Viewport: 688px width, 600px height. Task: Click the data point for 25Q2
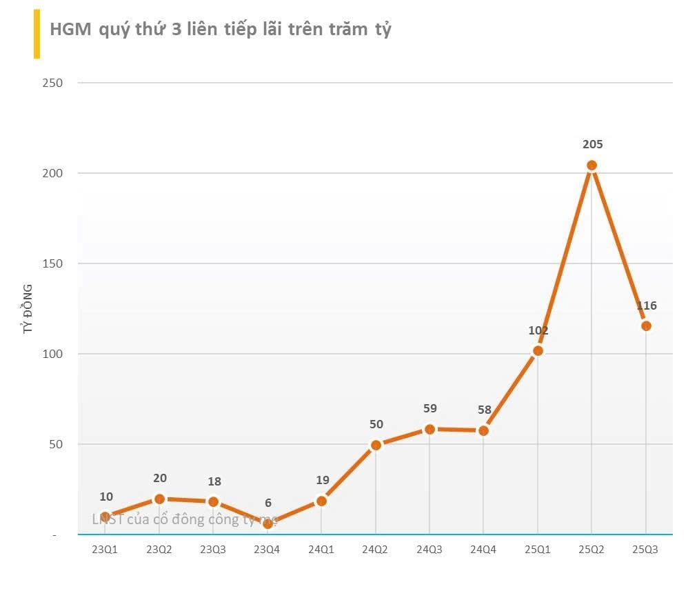(591, 166)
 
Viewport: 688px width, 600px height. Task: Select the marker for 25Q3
(646, 326)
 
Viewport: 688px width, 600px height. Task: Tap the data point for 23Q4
(267, 524)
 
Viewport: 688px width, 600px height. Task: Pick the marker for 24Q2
(376, 445)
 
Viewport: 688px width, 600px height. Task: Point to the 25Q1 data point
(538, 351)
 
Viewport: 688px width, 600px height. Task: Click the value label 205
(592, 145)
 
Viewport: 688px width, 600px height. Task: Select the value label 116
(646, 306)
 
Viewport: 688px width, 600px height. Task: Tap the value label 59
(429, 409)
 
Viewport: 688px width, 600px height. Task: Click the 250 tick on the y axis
(52, 83)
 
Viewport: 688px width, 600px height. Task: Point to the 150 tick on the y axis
(52, 264)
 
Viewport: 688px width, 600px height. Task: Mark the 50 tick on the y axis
(55, 445)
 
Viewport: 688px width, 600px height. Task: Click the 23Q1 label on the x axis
(105, 550)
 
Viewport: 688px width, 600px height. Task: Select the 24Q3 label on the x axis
(429, 550)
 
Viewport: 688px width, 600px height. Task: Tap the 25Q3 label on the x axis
(646, 550)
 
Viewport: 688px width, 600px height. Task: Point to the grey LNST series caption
(184, 519)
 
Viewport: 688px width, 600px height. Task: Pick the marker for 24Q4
(483, 431)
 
